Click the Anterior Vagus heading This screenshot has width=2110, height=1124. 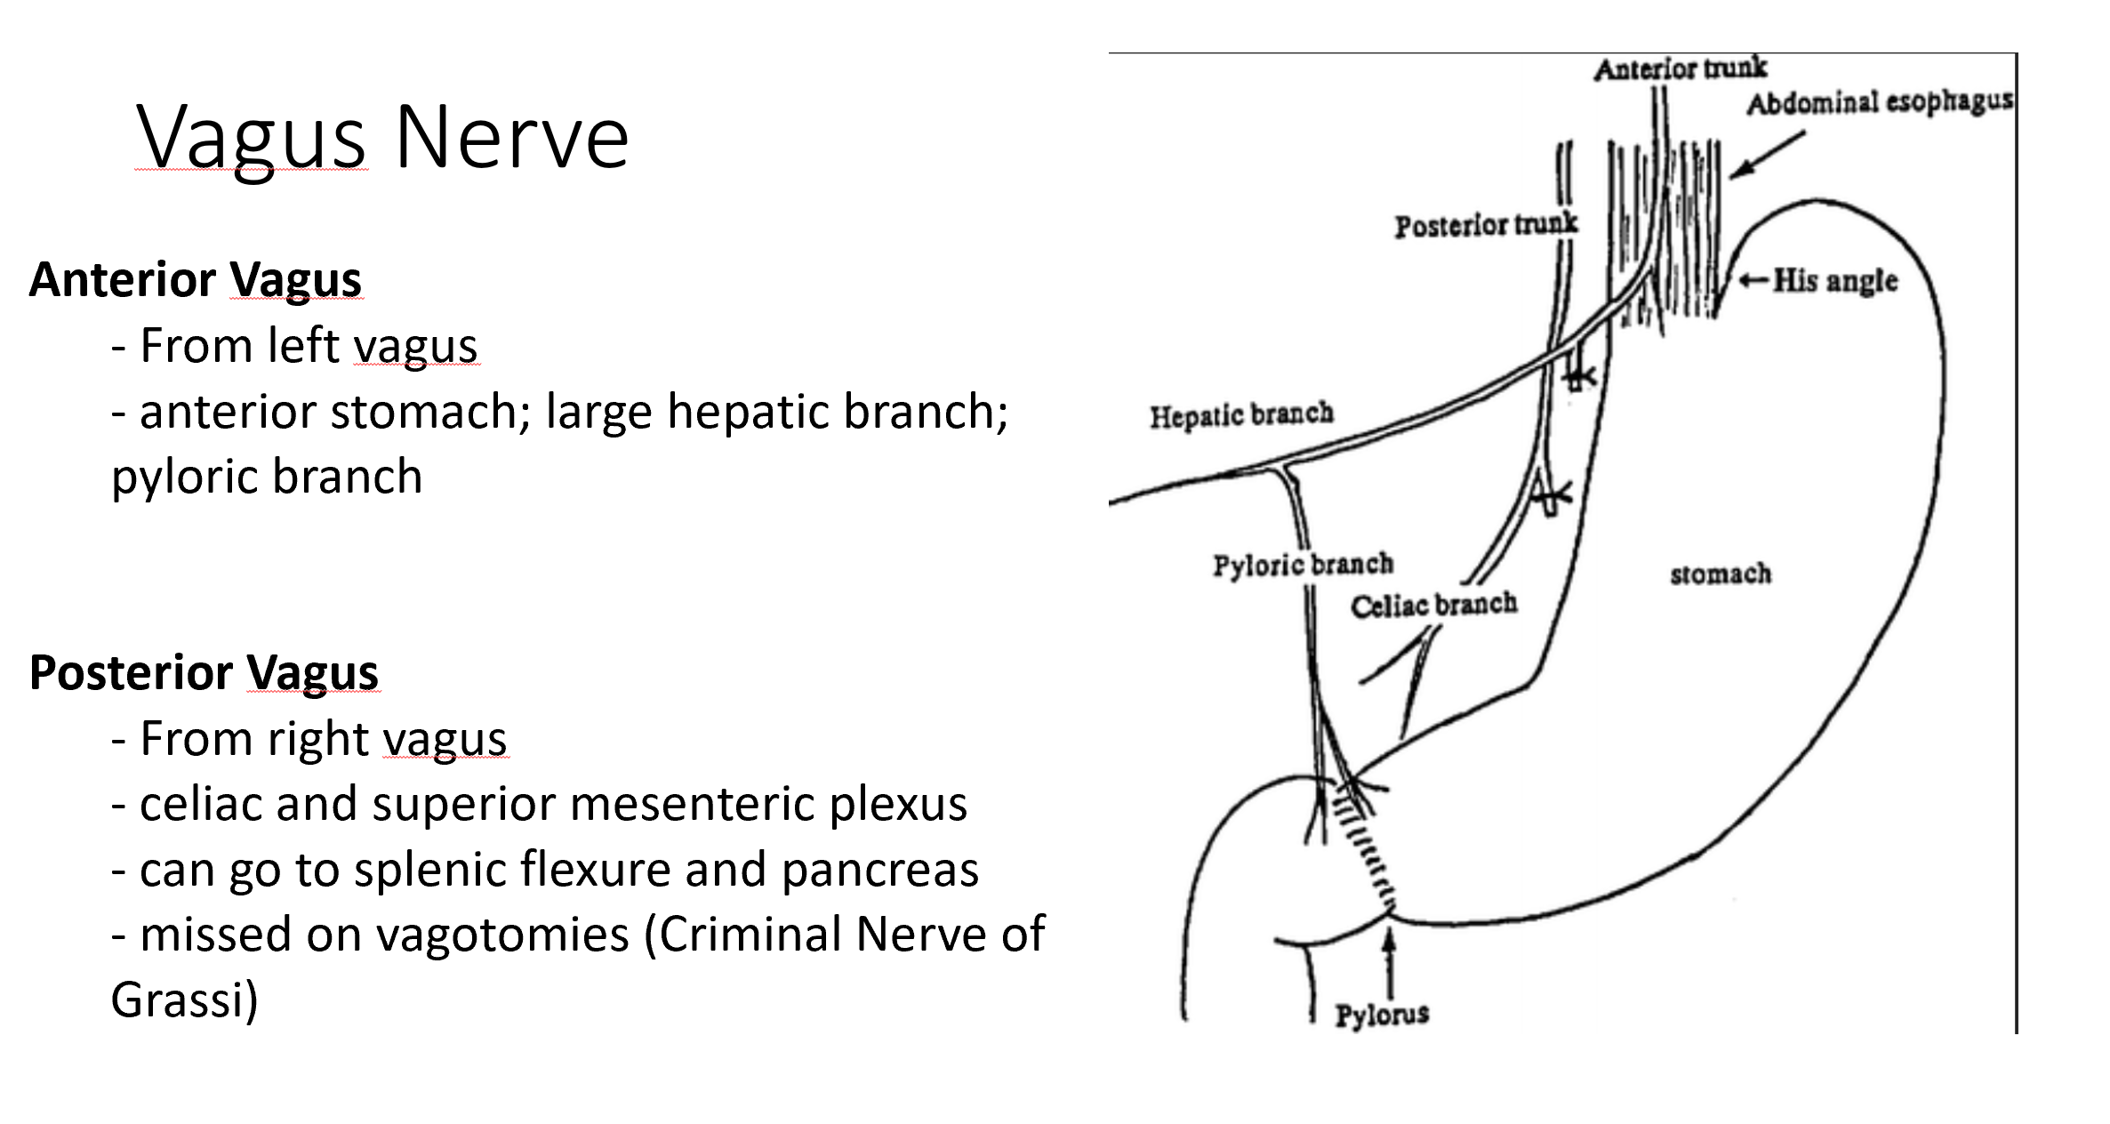(x=195, y=279)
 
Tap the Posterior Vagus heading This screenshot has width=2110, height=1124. (x=204, y=671)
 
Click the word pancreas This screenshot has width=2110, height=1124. (x=880, y=869)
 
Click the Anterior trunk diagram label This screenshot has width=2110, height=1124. (x=1680, y=68)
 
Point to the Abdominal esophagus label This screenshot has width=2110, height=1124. (x=1879, y=103)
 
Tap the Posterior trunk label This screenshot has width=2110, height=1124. (x=1485, y=225)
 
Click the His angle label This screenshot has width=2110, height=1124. (x=1834, y=281)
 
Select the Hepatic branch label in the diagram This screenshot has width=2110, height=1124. (x=1241, y=415)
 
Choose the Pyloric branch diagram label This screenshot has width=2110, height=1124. (x=1303, y=565)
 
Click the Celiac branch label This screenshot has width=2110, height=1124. (x=1433, y=606)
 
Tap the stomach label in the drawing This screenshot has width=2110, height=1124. (x=1720, y=574)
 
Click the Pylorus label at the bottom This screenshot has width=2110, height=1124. (x=1382, y=1014)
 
